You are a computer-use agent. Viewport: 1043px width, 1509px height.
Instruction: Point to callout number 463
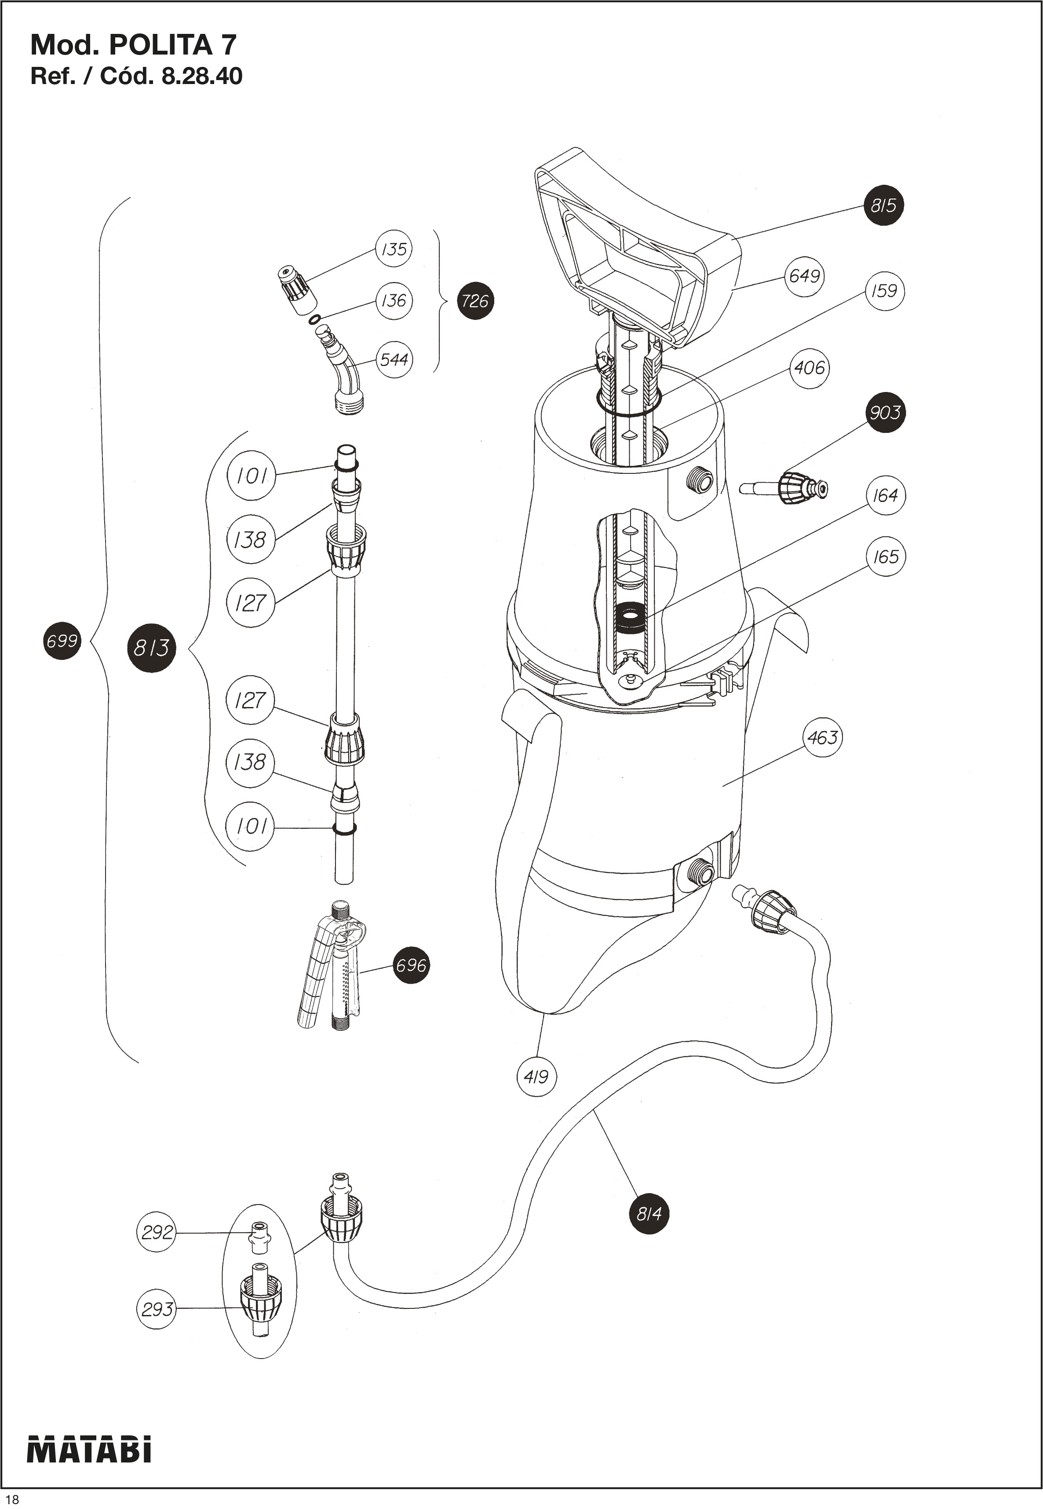click(x=822, y=737)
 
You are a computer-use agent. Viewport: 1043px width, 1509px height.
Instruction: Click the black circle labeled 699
click(x=62, y=640)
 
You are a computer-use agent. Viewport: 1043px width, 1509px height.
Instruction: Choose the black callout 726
click(x=474, y=301)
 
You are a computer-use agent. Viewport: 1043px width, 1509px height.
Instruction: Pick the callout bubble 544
click(x=394, y=359)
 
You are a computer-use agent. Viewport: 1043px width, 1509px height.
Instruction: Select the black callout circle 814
click(x=649, y=1214)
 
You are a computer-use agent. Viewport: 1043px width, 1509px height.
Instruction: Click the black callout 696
click(x=411, y=965)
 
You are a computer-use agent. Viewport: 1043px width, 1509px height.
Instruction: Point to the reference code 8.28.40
click(x=201, y=77)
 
